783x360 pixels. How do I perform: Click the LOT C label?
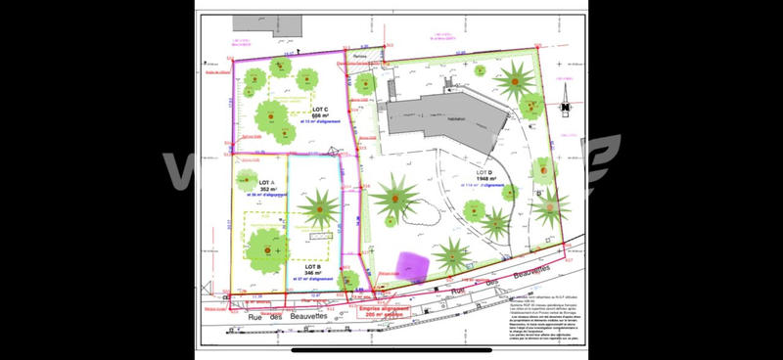[x=319, y=109]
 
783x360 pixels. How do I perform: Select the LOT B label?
[x=313, y=267]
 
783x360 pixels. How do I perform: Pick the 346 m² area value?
[x=313, y=274]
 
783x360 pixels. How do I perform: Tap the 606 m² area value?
[x=319, y=115]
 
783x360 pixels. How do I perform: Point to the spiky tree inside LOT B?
[x=319, y=207]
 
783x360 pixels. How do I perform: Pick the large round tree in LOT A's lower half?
[x=265, y=248]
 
